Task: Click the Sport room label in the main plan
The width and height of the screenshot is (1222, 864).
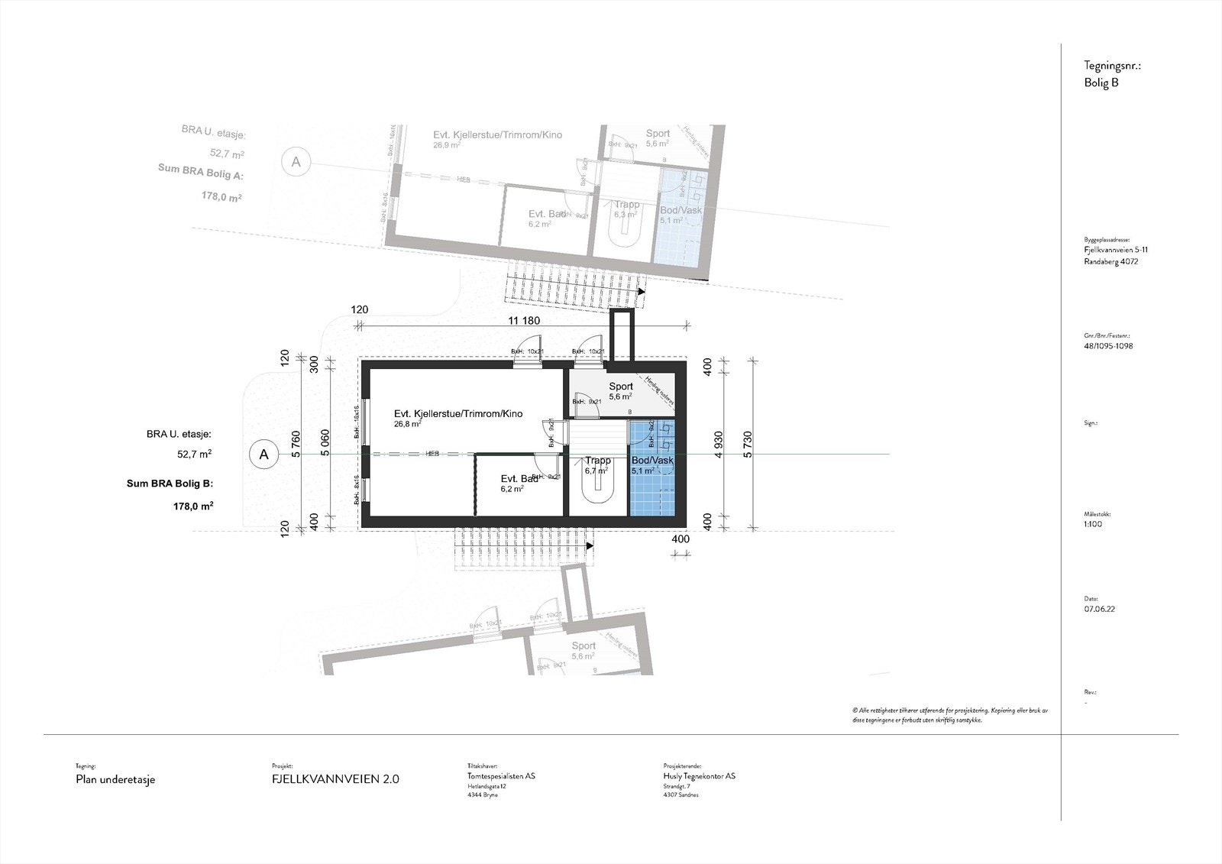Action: click(620, 387)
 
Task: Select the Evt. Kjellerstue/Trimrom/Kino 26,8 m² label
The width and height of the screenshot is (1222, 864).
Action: click(458, 414)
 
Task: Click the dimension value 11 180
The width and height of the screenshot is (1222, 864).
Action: click(523, 321)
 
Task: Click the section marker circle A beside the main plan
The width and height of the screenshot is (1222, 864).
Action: click(264, 454)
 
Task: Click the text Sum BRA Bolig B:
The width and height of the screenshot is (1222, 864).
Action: click(170, 484)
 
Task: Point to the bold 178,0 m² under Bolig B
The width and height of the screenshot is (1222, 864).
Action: click(193, 506)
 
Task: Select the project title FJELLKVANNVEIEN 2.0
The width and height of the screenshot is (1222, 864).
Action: click(335, 779)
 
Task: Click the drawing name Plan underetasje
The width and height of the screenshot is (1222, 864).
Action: click(115, 779)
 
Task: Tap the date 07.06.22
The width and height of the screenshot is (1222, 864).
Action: click(1099, 610)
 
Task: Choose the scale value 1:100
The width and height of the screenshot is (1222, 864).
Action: click(1093, 524)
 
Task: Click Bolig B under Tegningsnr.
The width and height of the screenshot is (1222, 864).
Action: click(1101, 83)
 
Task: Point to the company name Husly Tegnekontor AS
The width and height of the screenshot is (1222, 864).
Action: click(700, 776)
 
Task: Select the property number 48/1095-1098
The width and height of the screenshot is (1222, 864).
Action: click(1108, 346)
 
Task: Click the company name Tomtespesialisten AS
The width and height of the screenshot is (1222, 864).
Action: click(501, 776)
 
